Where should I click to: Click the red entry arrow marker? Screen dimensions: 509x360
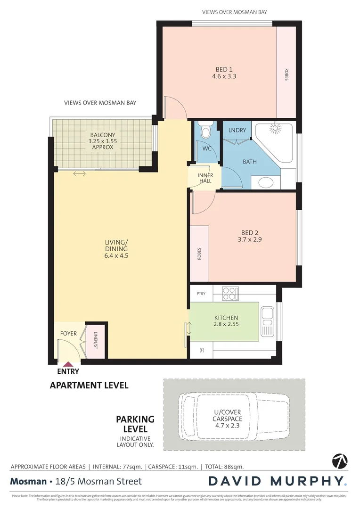[68, 363]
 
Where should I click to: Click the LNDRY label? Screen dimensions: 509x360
[237, 131]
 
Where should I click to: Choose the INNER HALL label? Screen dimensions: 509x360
[205, 178]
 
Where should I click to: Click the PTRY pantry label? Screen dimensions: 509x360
[201, 294]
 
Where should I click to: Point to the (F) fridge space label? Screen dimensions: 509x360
[202, 350]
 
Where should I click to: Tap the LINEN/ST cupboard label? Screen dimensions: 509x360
[95, 340]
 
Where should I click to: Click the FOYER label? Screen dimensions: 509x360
[68, 334]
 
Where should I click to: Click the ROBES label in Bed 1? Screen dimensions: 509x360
[286, 75]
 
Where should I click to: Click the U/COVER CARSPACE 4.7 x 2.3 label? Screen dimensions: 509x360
[228, 415]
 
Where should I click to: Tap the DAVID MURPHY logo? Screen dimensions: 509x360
[278, 481]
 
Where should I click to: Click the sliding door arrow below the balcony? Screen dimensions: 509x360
[79, 174]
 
